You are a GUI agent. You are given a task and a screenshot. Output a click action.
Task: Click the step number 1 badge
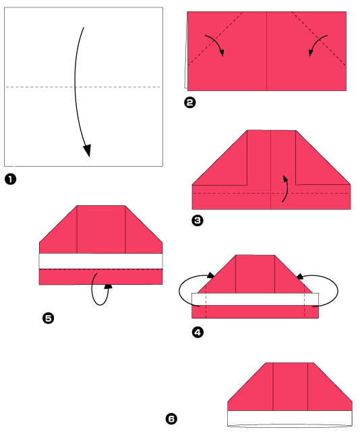(10, 180)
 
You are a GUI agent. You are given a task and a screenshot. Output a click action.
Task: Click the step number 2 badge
(189, 103)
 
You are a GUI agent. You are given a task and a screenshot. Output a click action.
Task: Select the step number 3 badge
(198, 221)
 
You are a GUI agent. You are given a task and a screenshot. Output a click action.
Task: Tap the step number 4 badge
(198, 331)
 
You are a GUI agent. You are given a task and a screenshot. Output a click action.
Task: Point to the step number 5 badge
(49, 318)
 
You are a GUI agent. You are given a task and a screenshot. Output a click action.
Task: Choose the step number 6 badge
(171, 419)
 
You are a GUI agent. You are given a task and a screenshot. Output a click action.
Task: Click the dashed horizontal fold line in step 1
(40, 87)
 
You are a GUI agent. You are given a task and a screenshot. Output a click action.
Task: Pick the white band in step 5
(101, 261)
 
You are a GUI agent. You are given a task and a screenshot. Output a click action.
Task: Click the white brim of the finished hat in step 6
(289, 418)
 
